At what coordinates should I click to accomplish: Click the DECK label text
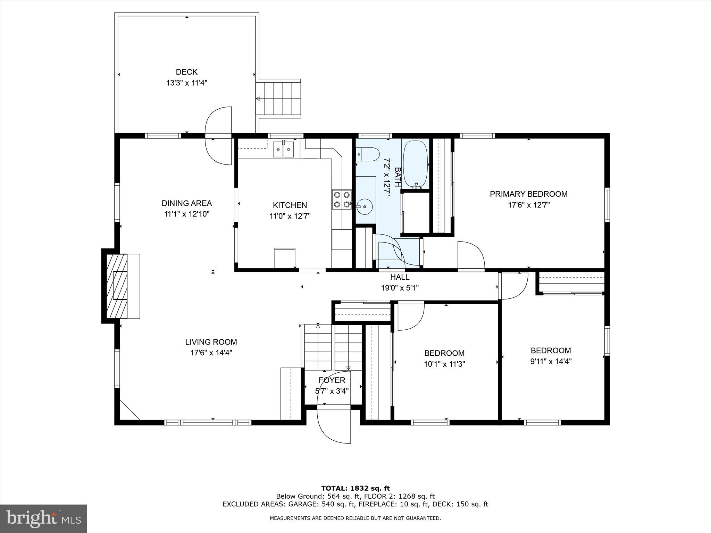[186, 72]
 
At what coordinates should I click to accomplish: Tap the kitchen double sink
[283, 150]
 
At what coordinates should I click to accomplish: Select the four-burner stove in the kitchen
[341, 200]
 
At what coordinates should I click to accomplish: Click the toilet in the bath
[368, 154]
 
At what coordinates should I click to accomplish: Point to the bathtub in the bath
[416, 163]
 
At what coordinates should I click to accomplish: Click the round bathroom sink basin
[365, 206]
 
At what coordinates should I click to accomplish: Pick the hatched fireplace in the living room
[117, 286]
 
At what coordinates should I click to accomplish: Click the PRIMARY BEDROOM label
[528, 194]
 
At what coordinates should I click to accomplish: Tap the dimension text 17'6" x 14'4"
[211, 353]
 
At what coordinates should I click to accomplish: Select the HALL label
[400, 277]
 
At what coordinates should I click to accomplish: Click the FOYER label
[332, 380]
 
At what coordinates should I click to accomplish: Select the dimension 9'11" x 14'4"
[551, 361]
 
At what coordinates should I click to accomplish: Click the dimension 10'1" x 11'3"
[444, 364]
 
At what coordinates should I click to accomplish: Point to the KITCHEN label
[290, 205]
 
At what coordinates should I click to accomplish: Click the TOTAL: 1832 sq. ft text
[355, 489]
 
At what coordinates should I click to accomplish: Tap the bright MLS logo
[43, 518]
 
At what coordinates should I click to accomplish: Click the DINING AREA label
[186, 203]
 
